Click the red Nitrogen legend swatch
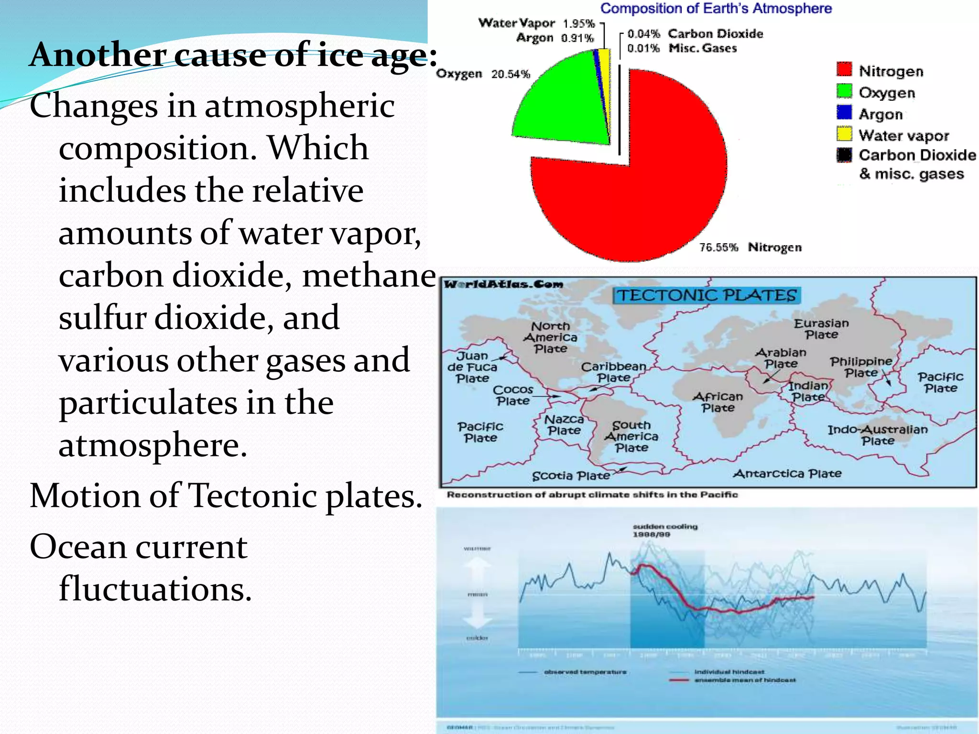(x=844, y=69)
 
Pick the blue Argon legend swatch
(x=844, y=112)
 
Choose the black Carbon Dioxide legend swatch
(x=844, y=155)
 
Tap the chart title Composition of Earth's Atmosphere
(x=716, y=9)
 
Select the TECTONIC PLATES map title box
(x=707, y=295)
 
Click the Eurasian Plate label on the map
(x=821, y=329)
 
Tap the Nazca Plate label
(x=564, y=425)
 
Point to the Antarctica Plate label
(x=787, y=474)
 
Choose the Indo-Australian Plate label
(x=878, y=435)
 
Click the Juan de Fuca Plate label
(x=472, y=367)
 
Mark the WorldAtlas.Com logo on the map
(x=503, y=285)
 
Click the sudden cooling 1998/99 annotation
(x=665, y=530)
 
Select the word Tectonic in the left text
(x=253, y=496)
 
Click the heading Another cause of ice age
(x=233, y=55)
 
